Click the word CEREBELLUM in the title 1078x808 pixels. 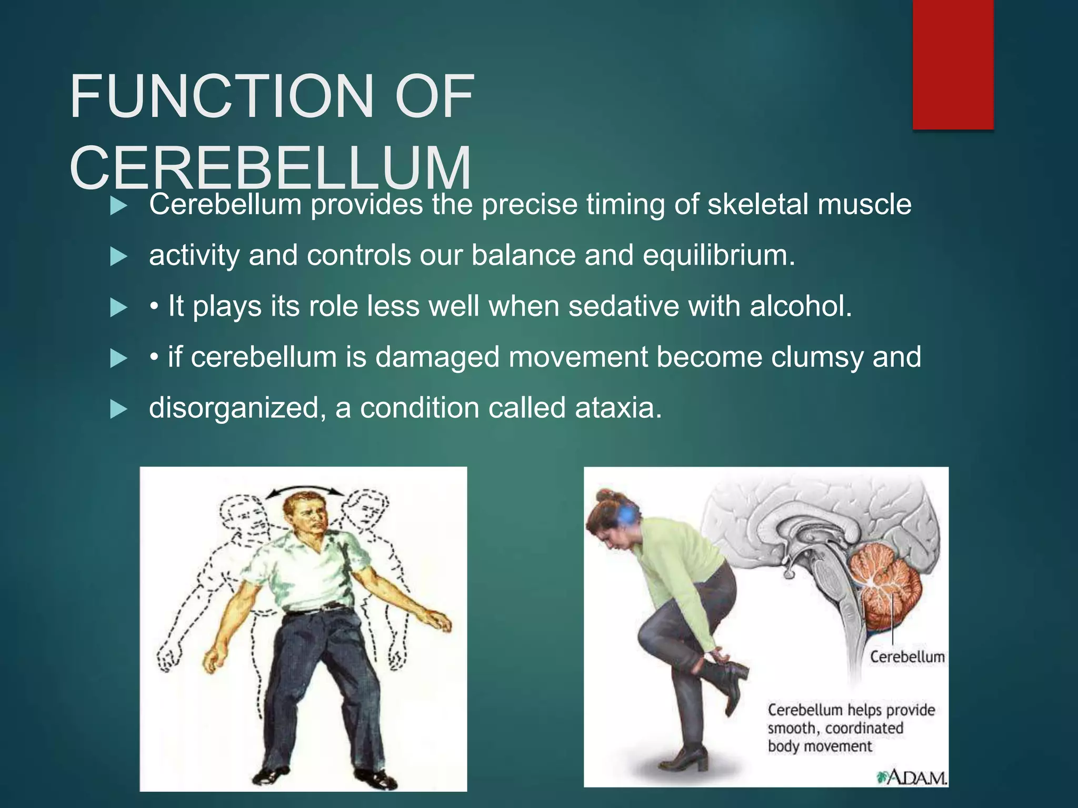pyautogui.click(x=270, y=168)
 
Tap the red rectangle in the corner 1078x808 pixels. pyautogui.click(x=953, y=64)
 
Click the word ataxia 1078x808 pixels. pyautogui.click(x=617, y=408)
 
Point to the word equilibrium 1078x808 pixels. pyautogui.click(x=718, y=256)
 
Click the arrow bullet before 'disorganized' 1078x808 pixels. pyautogui.click(x=119, y=409)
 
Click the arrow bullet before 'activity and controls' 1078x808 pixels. pyautogui.click(x=119, y=257)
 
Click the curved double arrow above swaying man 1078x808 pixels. pyautogui.click(x=304, y=491)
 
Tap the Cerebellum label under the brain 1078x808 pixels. pyautogui.click(x=906, y=657)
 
